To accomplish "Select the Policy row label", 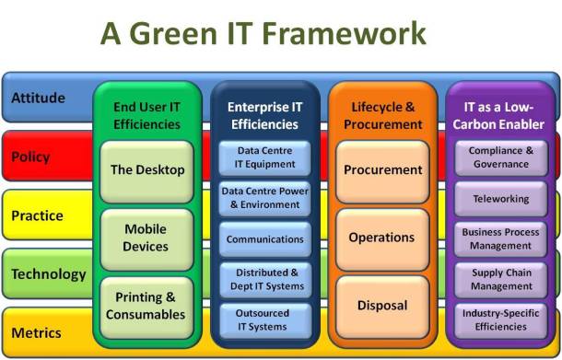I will click(30, 157).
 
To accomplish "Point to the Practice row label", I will click(37, 215).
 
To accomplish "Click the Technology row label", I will click(49, 273).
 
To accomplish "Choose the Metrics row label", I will click(37, 331).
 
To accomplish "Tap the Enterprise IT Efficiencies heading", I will click(265, 116).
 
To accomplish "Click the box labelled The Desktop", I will click(147, 170).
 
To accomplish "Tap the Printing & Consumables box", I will click(146, 307).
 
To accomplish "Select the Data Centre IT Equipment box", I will click(265, 157).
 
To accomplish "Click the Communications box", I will click(265, 239).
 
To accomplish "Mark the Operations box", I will click(381, 238).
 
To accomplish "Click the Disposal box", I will click(381, 306).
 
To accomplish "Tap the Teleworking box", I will click(499, 198).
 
